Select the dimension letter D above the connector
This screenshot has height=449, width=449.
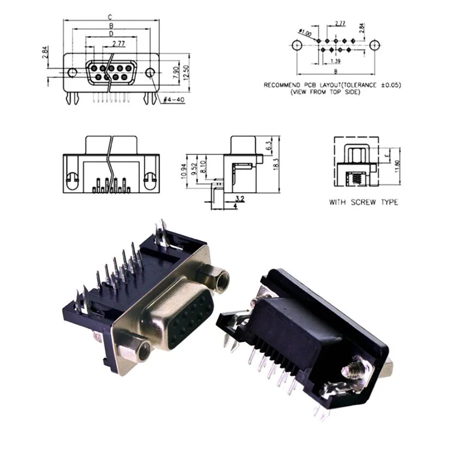click(110, 33)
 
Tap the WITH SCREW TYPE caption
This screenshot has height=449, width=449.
click(363, 202)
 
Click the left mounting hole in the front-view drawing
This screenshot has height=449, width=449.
click(73, 73)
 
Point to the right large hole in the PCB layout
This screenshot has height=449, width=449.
click(375, 45)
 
